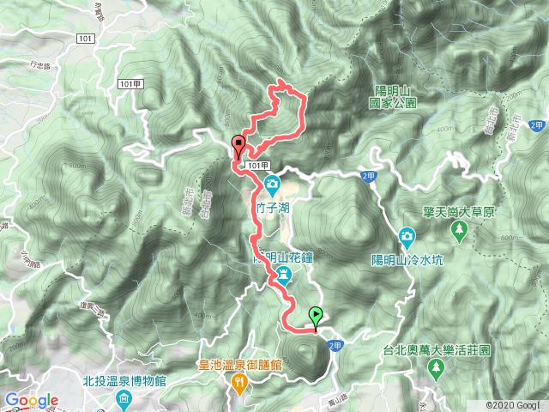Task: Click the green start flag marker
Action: pyautogui.click(x=316, y=317)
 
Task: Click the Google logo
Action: pyautogui.click(x=31, y=400)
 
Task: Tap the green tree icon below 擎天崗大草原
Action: pyautogui.click(x=460, y=229)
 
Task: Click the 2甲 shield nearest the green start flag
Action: pyautogui.click(x=335, y=345)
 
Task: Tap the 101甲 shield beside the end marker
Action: pyautogui.click(x=262, y=165)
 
